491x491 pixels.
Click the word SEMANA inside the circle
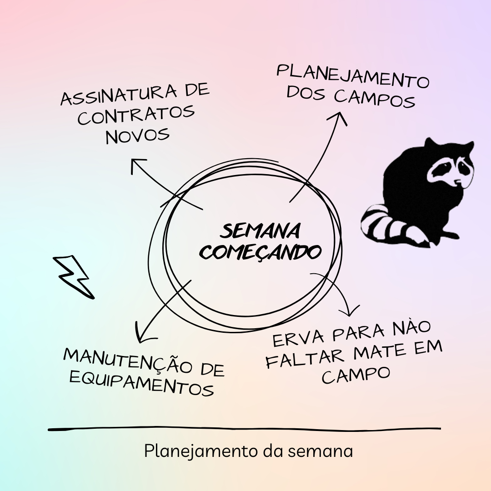click(x=260, y=231)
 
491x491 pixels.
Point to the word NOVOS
click(x=138, y=135)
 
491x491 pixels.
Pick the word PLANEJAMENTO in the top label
click(x=353, y=76)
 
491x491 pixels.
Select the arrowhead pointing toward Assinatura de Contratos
click(x=137, y=165)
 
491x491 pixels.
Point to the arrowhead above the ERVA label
click(x=350, y=311)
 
